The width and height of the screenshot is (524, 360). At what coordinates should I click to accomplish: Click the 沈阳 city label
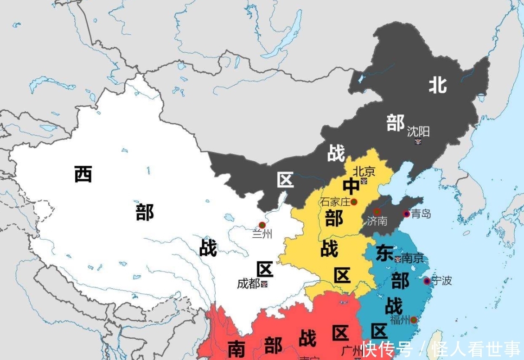point(418,132)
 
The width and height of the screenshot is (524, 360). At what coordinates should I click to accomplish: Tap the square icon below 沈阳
point(418,141)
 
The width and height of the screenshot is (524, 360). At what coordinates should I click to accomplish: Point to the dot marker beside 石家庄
point(354,202)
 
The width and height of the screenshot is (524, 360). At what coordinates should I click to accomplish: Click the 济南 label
point(377,221)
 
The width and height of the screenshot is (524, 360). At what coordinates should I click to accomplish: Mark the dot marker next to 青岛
point(406,214)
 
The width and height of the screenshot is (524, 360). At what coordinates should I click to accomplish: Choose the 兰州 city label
point(262,234)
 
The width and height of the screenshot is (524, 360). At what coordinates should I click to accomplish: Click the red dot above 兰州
point(262,225)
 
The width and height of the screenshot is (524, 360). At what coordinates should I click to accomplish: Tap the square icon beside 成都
point(264,284)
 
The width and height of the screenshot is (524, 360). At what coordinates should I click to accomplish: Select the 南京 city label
point(413,258)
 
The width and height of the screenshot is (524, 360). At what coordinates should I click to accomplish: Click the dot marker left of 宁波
point(427,281)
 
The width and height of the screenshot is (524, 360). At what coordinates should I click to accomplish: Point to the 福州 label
point(400,320)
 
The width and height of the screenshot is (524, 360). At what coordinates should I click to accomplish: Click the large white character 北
point(437,85)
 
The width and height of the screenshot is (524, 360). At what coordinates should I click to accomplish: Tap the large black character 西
point(83,174)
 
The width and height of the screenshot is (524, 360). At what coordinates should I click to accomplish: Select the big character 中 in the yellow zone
point(351,186)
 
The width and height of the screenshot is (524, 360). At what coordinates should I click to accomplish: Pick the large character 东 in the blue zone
point(384,253)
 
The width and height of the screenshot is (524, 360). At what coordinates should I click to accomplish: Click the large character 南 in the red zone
point(236,348)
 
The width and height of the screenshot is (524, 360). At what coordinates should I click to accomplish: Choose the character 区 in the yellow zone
point(342,275)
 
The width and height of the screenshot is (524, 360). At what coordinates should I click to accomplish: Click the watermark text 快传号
point(388,349)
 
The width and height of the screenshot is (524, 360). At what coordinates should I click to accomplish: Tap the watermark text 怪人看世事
point(475,349)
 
